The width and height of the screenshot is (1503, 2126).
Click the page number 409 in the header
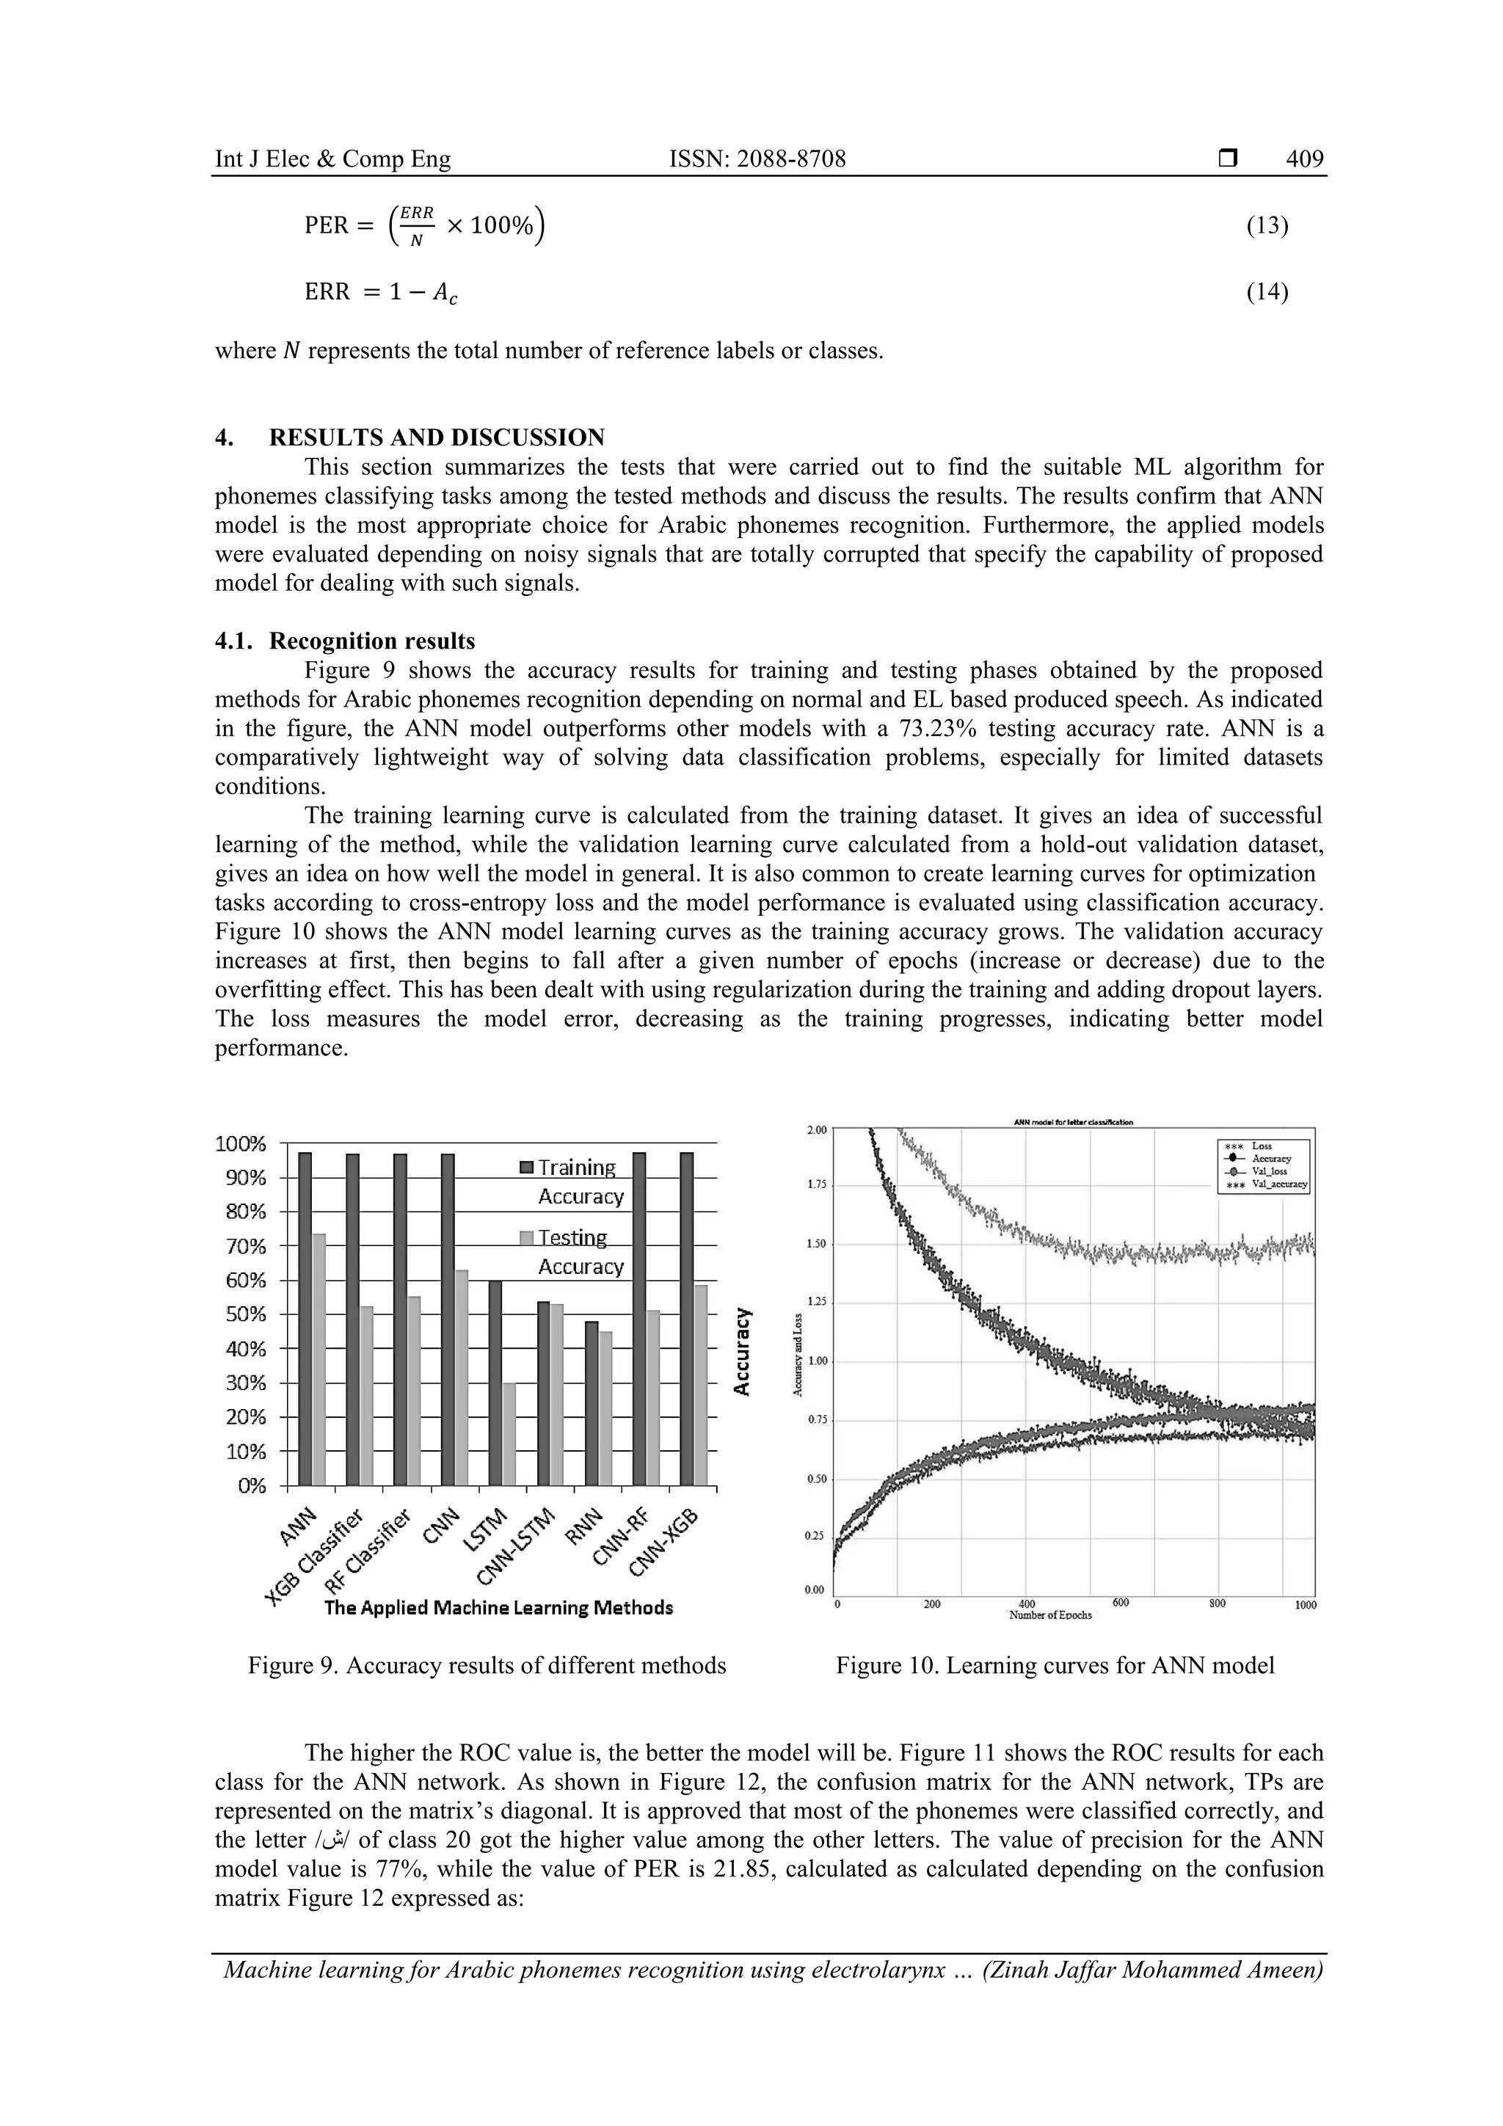[x=1304, y=159]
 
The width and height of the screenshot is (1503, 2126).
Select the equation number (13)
[x=1267, y=225]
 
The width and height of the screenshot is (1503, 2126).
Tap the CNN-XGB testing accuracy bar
[x=700, y=1384]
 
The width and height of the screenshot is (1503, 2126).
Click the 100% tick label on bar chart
[x=240, y=1143]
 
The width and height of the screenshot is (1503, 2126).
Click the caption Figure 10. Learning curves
[x=1055, y=1665]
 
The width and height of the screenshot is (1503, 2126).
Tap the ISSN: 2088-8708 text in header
[x=757, y=159]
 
